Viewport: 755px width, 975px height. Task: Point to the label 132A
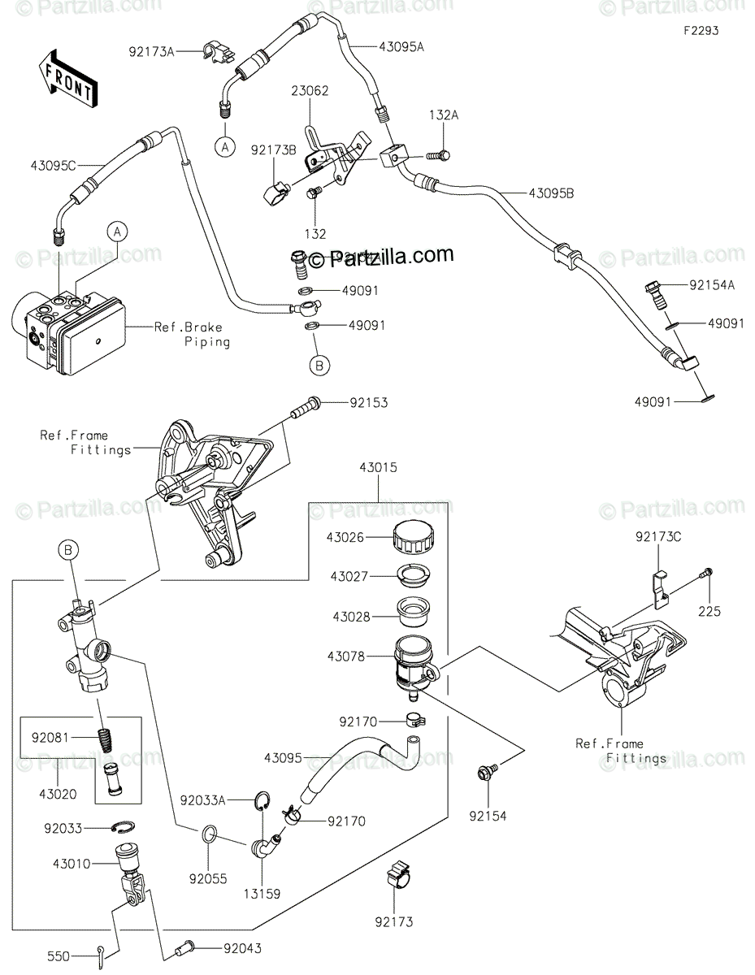tap(444, 115)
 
